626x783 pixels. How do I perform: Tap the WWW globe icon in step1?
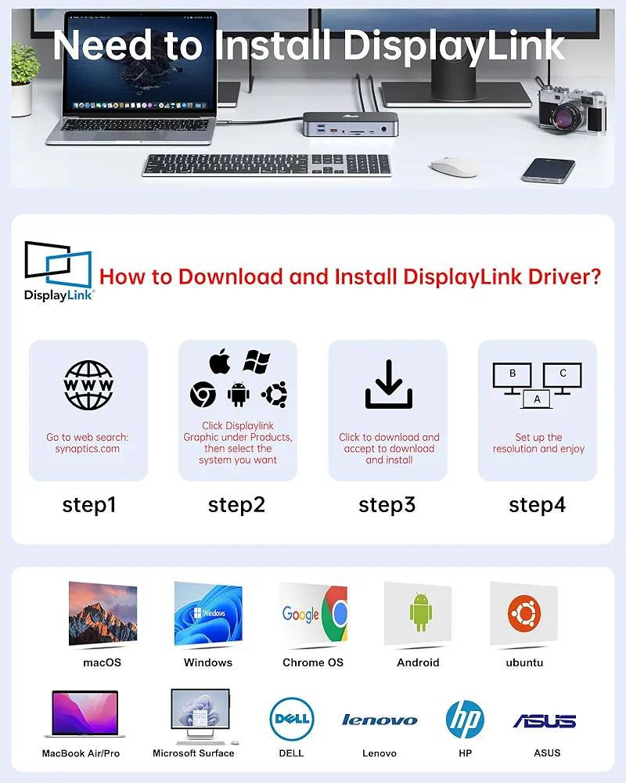click(x=88, y=385)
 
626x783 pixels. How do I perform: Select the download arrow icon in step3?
click(x=388, y=384)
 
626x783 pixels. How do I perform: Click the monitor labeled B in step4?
click(x=513, y=376)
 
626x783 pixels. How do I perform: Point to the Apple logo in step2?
click(x=221, y=363)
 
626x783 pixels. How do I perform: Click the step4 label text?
click(x=537, y=505)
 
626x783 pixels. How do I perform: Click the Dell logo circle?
click(x=291, y=719)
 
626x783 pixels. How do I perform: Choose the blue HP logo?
click(x=465, y=720)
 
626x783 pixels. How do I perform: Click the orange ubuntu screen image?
click(x=523, y=614)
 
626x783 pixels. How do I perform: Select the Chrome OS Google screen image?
click(x=314, y=614)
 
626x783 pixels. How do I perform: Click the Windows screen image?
click(x=208, y=614)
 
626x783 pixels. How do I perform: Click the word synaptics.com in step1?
click(x=88, y=449)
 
